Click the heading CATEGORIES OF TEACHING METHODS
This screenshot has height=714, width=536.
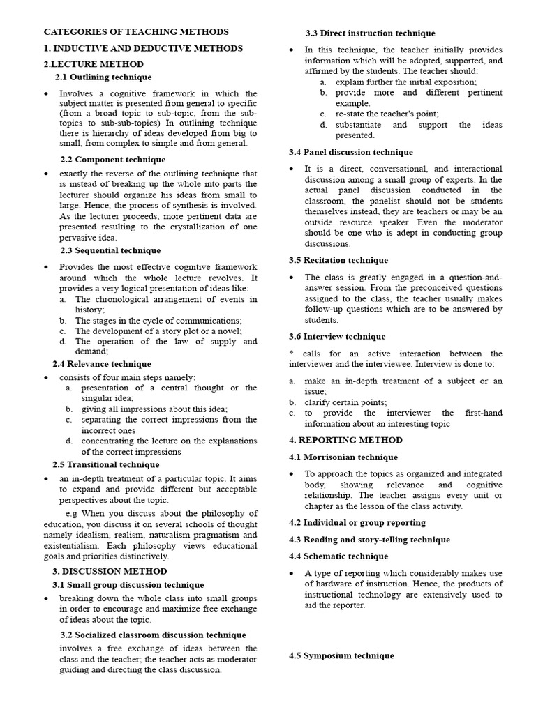(136, 32)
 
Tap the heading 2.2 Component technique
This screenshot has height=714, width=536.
(112, 160)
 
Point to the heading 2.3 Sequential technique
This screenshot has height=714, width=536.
(110, 250)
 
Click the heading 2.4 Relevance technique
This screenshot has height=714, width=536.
(102, 364)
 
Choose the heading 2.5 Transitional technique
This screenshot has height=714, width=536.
(106, 464)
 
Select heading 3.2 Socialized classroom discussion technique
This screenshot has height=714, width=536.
(153, 635)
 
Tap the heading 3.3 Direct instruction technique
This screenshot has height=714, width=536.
(370, 33)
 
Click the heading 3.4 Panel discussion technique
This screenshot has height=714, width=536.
(351, 152)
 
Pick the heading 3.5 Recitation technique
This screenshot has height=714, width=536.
(338, 260)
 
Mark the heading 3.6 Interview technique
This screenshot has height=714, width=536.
(337, 337)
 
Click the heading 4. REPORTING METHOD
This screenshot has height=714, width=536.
(345, 441)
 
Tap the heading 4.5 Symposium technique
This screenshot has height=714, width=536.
(341, 656)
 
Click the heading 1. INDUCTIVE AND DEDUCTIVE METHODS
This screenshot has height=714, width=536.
(143, 48)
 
